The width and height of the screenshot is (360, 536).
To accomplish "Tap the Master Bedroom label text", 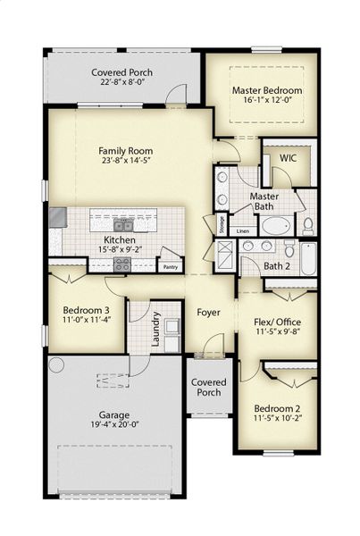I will point(267,90).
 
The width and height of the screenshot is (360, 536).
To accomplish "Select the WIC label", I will point(288,157).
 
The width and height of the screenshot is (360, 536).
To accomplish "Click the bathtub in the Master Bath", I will point(274,224).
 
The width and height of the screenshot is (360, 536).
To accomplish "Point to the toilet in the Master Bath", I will point(307,223).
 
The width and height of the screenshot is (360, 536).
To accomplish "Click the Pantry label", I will point(171,266).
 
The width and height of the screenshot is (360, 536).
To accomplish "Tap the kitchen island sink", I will point(122,224).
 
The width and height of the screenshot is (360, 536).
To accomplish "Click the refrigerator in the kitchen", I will point(57,216).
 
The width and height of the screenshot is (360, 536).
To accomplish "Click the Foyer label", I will point(209,313).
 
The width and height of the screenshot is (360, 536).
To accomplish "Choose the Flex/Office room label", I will point(277,322).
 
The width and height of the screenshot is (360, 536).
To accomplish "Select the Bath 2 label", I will point(278,266).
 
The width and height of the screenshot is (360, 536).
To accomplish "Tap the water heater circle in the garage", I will point(56,364).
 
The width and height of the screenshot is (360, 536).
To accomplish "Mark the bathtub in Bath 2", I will point(306,259).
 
